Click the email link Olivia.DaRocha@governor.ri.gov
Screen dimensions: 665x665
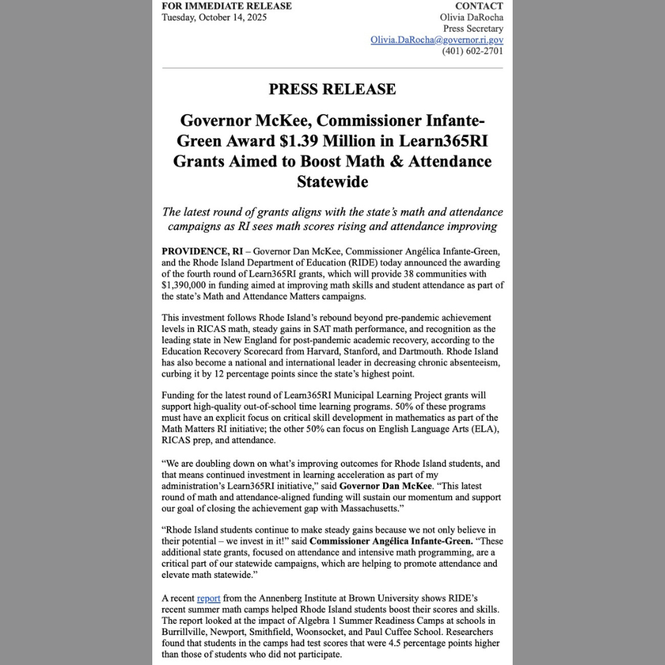pyautogui.click(x=437, y=40)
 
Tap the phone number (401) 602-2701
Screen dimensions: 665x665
pyautogui.click(x=473, y=51)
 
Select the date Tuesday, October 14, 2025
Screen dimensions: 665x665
pyautogui.click(x=214, y=17)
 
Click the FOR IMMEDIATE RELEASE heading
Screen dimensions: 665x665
pyautogui.click(x=227, y=6)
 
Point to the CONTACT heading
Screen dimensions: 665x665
pyautogui.click(x=479, y=6)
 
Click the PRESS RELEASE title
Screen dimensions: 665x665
pyautogui.click(x=332, y=89)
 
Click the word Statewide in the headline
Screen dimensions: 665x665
pyautogui.click(x=332, y=182)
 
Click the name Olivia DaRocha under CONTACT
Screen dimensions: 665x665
pyautogui.click(x=471, y=17)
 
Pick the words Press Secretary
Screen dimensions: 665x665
pyautogui.click(x=473, y=29)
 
